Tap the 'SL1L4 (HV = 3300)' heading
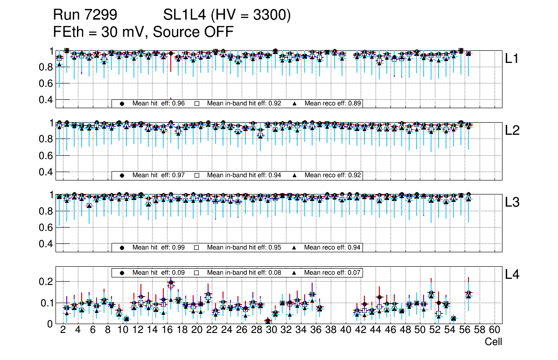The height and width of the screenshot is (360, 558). click(x=227, y=15)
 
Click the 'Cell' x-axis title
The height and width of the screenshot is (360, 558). click(x=493, y=342)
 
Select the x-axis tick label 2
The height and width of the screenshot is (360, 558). click(x=63, y=330)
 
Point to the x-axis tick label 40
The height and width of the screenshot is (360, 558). click(x=346, y=330)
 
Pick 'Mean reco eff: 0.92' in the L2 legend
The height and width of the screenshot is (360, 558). click(x=333, y=175)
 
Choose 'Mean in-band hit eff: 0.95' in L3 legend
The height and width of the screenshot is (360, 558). click(x=244, y=247)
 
